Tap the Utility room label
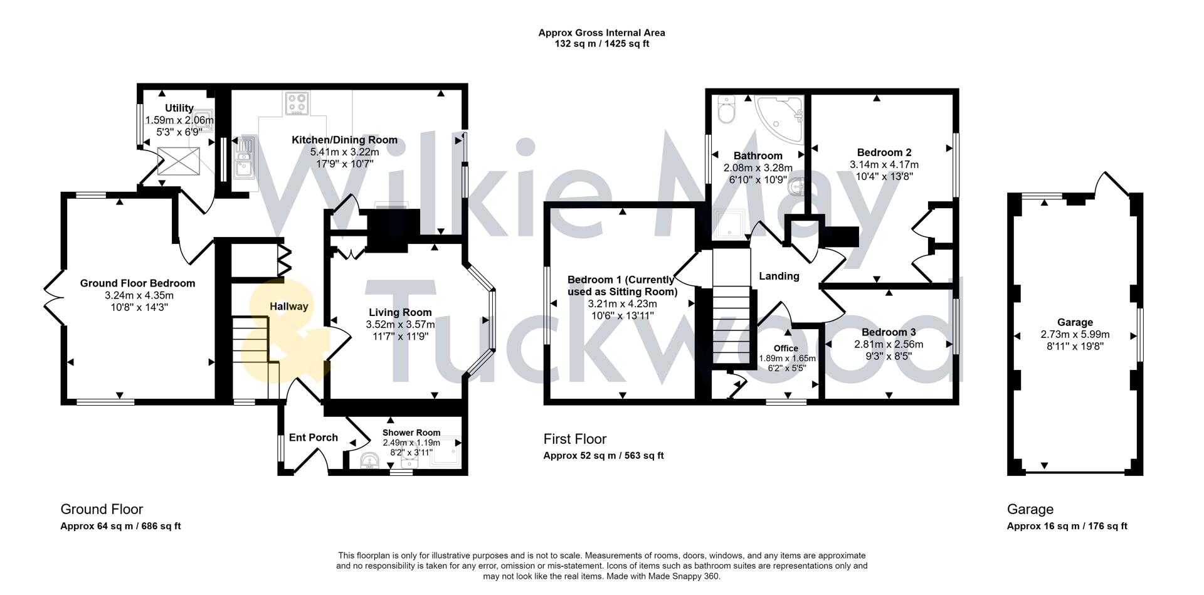click(x=179, y=108)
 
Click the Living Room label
click(x=400, y=312)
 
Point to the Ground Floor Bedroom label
click(x=137, y=283)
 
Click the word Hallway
click(x=289, y=306)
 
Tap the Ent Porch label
click(x=313, y=438)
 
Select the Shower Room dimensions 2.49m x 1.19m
click(x=411, y=443)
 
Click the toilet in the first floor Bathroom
click(x=727, y=111)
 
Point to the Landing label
click(x=779, y=276)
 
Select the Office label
click(x=786, y=349)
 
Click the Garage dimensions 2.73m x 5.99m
click(x=1075, y=334)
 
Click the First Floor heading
click(x=574, y=439)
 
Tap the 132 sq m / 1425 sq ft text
click(x=601, y=44)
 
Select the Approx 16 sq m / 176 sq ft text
click(x=1067, y=526)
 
